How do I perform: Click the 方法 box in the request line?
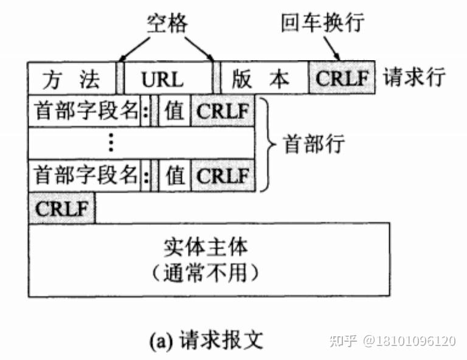click(x=72, y=78)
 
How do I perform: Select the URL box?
click(x=168, y=78)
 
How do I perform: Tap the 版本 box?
click(x=265, y=78)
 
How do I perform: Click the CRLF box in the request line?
click(x=342, y=78)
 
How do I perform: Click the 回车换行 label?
click(x=322, y=22)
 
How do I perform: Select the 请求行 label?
click(x=414, y=77)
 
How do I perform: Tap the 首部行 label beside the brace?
click(x=314, y=144)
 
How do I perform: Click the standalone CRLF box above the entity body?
click(x=61, y=208)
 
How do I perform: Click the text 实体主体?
click(x=206, y=247)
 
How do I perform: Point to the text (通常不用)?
click(x=205, y=273)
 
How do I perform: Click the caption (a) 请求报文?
click(x=206, y=340)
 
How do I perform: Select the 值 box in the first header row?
click(x=175, y=111)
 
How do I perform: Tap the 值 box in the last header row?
click(x=175, y=175)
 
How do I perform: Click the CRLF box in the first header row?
click(x=223, y=111)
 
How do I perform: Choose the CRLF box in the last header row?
click(x=223, y=175)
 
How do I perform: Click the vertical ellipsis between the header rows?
click(x=111, y=142)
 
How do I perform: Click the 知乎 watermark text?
click(x=344, y=341)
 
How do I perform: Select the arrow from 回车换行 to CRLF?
click(x=332, y=48)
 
